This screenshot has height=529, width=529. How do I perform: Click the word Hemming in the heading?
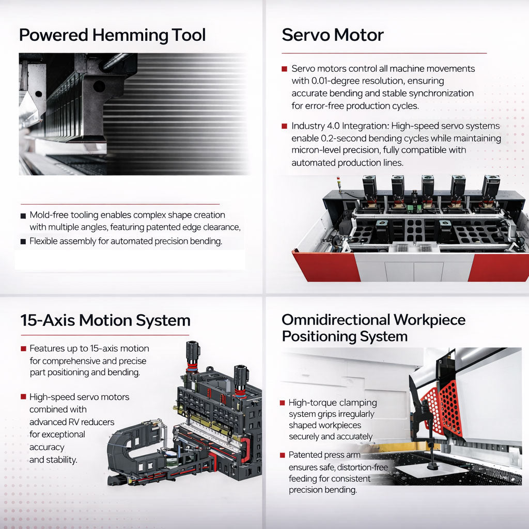[x=130, y=36]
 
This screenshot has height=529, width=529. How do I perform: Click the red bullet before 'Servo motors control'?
[x=285, y=69]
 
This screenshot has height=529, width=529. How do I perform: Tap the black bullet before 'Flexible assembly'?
[x=23, y=242]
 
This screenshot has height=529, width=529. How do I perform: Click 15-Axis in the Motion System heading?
[x=48, y=320]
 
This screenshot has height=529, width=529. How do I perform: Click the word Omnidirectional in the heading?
[x=336, y=319]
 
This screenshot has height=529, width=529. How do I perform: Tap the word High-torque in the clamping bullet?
[x=308, y=403]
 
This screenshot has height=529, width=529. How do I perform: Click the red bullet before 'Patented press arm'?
[x=283, y=455]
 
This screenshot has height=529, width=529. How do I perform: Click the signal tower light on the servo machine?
[x=338, y=182]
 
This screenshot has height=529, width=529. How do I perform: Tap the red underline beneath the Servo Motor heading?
[x=384, y=53]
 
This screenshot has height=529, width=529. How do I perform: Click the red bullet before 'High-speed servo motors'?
[x=23, y=397]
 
